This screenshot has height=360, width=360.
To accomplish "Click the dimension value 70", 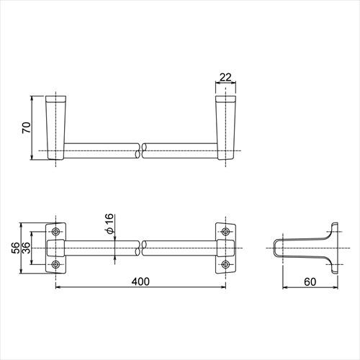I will point(26,127).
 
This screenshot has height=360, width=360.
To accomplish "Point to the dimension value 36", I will point(27,248).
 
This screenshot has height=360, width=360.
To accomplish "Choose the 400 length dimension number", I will point(141,282).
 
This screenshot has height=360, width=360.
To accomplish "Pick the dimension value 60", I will point(310,282).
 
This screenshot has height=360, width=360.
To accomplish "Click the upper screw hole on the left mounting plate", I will point(57,232).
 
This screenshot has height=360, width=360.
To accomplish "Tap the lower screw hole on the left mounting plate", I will point(57,265).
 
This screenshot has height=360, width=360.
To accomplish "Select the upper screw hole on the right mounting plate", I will point(226,232).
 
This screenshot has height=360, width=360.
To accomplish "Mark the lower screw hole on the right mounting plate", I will point(226,265).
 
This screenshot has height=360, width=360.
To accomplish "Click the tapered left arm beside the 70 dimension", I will point(56,126).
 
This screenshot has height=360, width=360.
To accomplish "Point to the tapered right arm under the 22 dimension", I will point(225,126).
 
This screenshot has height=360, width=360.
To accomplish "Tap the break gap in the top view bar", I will point(141,151).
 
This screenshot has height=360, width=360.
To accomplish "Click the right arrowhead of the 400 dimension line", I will point(224,289).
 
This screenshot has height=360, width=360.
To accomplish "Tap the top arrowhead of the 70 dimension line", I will point(33,97).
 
